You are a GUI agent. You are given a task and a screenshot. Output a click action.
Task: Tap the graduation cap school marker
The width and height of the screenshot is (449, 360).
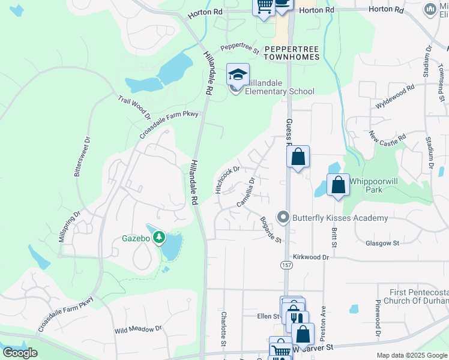[238, 76]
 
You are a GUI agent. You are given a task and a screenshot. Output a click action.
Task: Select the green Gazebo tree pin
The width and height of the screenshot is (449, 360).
[159, 238]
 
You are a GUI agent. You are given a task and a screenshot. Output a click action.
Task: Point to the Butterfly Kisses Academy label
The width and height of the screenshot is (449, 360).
[340, 218]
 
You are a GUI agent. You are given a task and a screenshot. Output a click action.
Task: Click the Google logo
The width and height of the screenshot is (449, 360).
[20, 352]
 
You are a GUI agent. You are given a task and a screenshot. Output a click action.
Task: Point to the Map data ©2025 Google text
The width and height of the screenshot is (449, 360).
[412, 355]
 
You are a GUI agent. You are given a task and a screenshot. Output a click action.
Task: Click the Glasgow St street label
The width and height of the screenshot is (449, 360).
[382, 243]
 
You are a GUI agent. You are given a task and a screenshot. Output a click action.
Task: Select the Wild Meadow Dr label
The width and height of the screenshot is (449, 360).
[138, 329]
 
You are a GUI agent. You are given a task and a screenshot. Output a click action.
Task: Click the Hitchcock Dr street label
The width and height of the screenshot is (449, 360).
[228, 179]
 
